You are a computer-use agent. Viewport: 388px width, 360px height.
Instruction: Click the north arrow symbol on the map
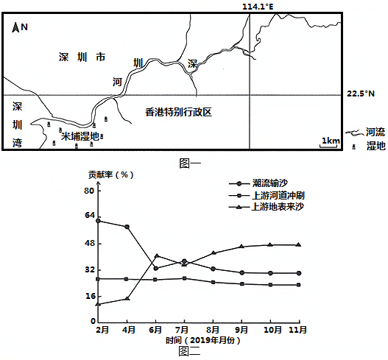pyautogui.click(x=15, y=27)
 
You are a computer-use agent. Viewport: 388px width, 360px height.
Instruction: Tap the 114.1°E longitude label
pyautogui.click(x=258, y=7)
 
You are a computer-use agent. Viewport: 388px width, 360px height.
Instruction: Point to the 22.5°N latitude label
pyautogui.click(x=361, y=93)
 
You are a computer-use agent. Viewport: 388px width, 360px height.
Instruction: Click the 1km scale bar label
pyautogui.click(x=331, y=141)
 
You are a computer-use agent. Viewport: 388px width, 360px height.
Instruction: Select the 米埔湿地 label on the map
pyautogui.click(x=80, y=136)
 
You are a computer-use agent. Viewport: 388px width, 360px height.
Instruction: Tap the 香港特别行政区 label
pyautogui.click(x=178, y=112)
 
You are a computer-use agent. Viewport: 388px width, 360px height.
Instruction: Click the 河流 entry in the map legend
pyautogui.click(x=365, y=133)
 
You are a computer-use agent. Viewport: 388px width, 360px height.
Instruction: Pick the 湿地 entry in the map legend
pyautogui.click(x=369, y=146)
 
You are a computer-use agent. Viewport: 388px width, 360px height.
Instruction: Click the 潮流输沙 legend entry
pyautogui.click(x=258, y=183)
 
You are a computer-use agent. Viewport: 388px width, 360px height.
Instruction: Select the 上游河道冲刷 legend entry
pyautogui.click(x=267, y=196)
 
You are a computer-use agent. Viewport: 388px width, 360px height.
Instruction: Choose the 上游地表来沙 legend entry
pyautogui.click(x=267, y=207)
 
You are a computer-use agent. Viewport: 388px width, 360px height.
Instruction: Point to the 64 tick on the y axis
pyautogui.click(x=90, y=215)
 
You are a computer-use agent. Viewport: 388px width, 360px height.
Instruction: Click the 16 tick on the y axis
pyautogui.click(x=90, y=296)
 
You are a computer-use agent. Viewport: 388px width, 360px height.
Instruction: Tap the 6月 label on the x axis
pyautogui.click(x=155, y=330)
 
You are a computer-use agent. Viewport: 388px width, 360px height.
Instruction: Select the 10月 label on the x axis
pyautogui.click(x=272, y=330)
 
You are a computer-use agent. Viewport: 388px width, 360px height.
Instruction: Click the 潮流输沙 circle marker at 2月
pyautogui.click(x=98, y=221)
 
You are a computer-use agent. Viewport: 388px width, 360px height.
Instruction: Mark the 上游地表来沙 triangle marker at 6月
pyautogui.click(x=157, y=256)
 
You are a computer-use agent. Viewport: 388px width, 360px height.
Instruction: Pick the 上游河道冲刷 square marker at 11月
pyautogui.click(x=299, y=285)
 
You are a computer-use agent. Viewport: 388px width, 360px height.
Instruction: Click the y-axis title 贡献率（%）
pyautogui.click(x=111, y=175)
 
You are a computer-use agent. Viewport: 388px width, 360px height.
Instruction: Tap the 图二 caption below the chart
pyautogui.click(x=189, y=351)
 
